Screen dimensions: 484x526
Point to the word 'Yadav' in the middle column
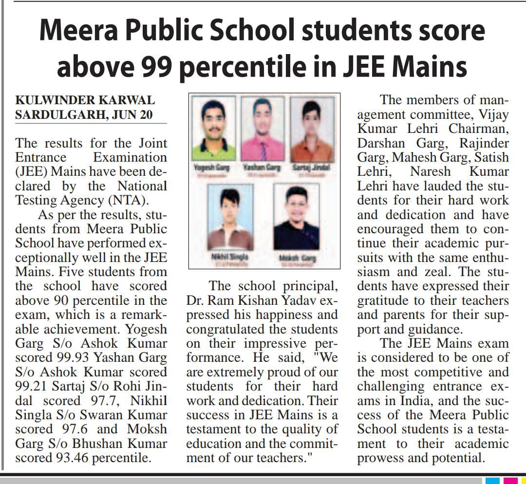[x=292, y=300]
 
